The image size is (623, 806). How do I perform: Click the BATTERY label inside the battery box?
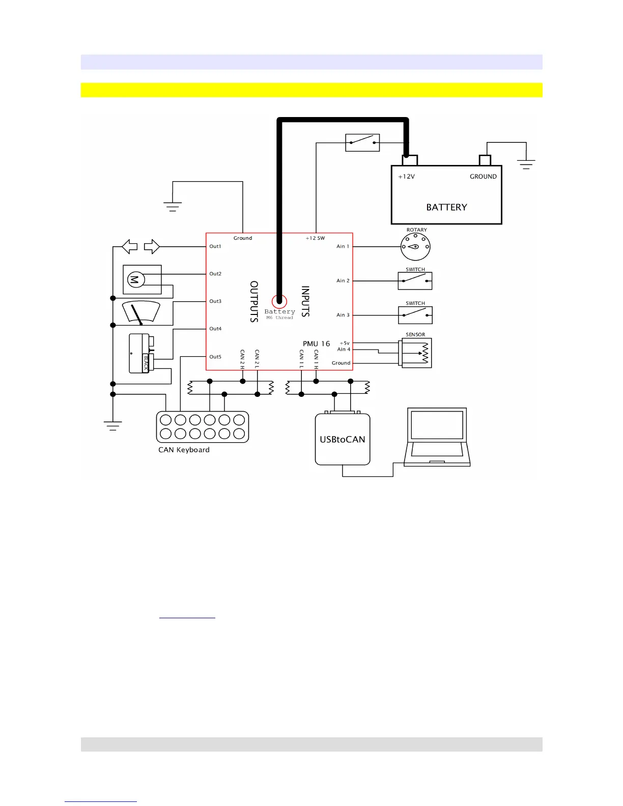(446, 207)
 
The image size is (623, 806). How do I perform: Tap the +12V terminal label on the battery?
(406, 177)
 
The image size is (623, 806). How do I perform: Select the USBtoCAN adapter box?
(343, 439)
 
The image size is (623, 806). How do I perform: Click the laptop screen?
(437, 425)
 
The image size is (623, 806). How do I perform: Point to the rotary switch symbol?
(415, 247)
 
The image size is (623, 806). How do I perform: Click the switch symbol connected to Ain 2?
(415, 281)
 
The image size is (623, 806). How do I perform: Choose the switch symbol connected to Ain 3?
(415, 315)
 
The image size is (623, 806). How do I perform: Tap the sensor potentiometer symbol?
(416, 353)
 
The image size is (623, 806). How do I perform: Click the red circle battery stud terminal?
(279, 301)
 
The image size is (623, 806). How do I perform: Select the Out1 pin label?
(215, 246)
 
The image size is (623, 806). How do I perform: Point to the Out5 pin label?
(215, 357)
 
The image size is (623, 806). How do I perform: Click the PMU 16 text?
(316, 344)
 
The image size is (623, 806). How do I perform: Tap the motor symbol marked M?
(136, 279)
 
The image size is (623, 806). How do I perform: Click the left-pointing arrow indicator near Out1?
(130, 247)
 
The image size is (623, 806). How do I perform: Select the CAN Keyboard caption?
(184, 450)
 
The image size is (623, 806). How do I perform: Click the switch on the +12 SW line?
(362, 142)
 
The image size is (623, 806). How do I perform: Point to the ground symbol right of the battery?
(526, 164)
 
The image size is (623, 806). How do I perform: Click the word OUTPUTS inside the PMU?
(254, 301)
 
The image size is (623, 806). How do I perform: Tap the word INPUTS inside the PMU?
(305, 301)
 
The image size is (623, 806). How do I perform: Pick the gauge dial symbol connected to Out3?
(141, 312)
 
